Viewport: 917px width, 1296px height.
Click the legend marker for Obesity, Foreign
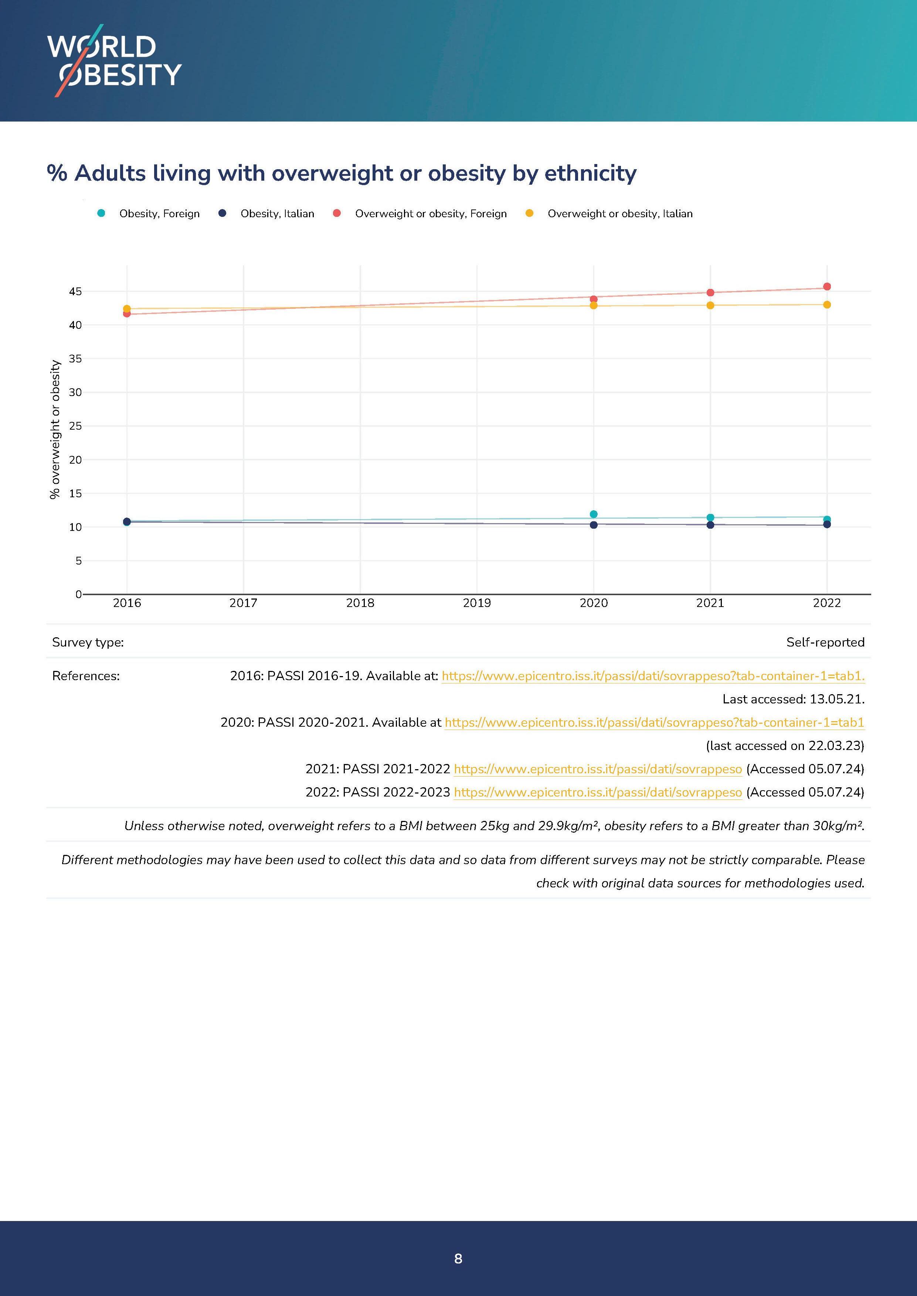coord(101,214)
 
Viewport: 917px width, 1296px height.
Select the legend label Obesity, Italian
coord(277,214)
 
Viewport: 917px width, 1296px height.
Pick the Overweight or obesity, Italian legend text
coord(619,214)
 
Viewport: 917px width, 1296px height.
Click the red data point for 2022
coord(827,287)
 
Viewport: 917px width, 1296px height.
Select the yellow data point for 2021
coord(710,306)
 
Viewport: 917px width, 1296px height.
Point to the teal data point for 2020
coord(594,514)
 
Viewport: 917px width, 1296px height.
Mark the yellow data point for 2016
coord(127,309)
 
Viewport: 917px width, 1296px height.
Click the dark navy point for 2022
coord(827,524)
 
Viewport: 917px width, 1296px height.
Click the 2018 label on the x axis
coord(360,603)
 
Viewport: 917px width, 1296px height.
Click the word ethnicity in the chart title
coord(590,173)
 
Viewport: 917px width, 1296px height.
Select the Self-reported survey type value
coord(825,642)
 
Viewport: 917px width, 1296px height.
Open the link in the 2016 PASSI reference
coord(653,676)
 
